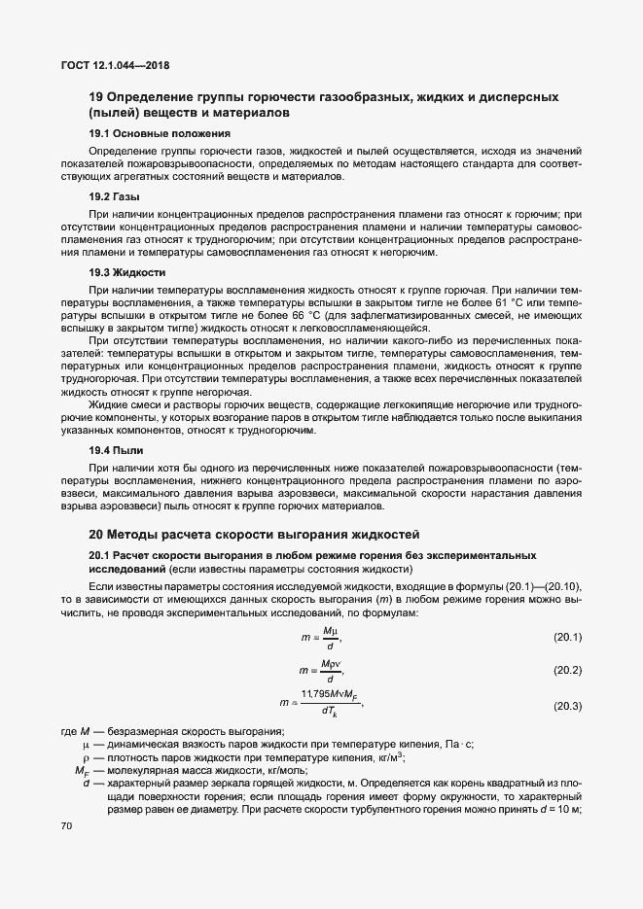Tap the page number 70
tap(67, 826)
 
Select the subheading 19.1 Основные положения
tap(160, 132)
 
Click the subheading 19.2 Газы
tap(114, 195)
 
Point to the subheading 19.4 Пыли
tap(116, 450)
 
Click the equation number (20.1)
tap(566, 638)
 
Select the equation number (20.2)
tap(566, 671)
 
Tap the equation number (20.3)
tap(566, 705)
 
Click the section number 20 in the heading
tap(96, 534)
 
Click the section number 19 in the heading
tap(96, 97)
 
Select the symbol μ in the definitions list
tap(86, 744)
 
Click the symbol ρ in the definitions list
tap(86, 757)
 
